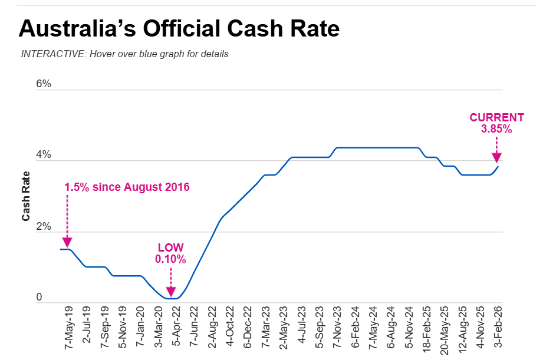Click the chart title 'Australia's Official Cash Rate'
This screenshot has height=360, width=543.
coord(179,28)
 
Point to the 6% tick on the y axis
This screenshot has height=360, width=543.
coord(44,84)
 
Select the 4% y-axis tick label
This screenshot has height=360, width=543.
coord(44,156)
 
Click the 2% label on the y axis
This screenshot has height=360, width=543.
coord(44,227)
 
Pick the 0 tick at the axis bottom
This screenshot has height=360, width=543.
coord(40,298)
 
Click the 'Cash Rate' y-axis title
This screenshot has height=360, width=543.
coord(26,196)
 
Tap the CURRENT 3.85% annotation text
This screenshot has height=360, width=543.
coord(496,123)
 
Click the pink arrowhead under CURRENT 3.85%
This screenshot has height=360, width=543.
coord(496,157)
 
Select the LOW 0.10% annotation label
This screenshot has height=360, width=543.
coord(170,253)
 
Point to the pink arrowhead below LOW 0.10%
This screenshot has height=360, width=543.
coord(170,290)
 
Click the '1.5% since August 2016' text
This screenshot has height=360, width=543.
coord(127,187)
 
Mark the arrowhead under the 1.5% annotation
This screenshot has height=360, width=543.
coord(67,242)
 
